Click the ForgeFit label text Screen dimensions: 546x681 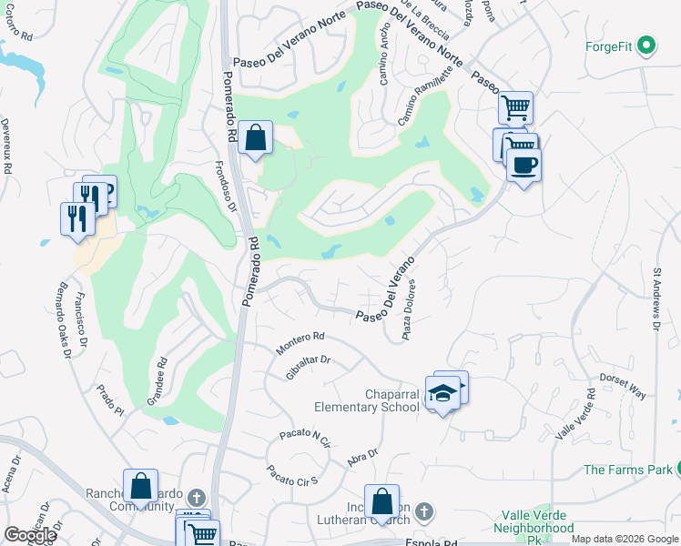pos(609,45)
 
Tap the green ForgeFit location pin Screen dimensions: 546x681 pos(647,45)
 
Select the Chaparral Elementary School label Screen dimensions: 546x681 pos(367,400)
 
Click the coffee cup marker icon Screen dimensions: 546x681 pos(523,165)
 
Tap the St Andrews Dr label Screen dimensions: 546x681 pos(657,298)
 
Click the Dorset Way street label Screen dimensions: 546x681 pos(623,386)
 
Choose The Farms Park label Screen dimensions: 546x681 pos(627,470)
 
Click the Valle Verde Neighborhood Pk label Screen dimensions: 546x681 pos(533,527)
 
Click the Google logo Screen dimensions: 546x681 pos(30,535)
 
